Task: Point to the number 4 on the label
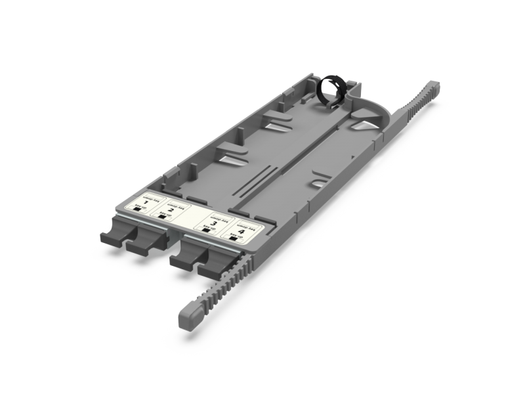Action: point(242,232)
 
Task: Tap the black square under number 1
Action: point(137,208)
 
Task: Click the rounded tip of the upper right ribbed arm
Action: point(433,85)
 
